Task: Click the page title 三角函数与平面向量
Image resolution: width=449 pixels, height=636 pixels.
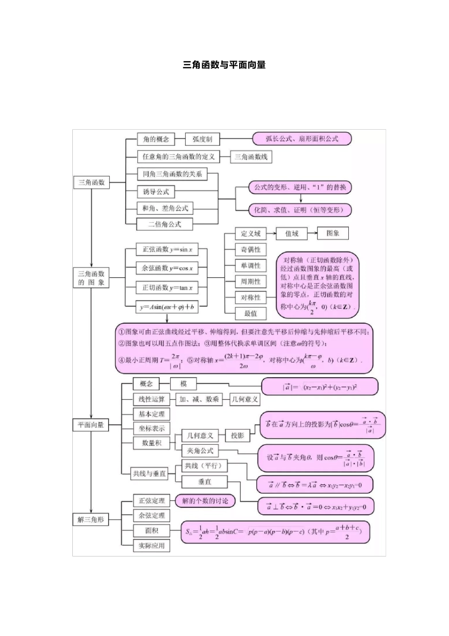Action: (x=224, y=65)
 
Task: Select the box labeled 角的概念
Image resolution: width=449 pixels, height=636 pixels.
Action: (x=155, y=139)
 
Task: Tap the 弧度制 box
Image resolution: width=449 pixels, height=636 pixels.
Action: (x=202, y=139)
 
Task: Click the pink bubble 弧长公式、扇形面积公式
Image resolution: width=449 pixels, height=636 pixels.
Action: (x=302, y=139)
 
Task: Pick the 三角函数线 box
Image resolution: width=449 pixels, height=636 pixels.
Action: (x=251, y=157)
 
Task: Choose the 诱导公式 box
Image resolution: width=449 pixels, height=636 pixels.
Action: (x=155, y=192)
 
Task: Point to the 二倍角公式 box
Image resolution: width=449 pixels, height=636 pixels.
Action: (x=164, y=224)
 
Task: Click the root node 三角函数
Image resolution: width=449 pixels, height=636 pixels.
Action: (x=91, y=182)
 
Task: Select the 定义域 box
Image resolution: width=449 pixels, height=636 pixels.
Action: (x=250, y=233)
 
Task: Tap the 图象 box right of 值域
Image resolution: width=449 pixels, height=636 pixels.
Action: (x=333, y=233)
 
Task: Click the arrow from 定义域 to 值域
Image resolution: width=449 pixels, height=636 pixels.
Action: (x=271, y=233)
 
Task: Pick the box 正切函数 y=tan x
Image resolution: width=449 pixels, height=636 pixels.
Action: (x=167, y=288)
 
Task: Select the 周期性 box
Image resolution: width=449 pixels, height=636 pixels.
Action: (x=250, y=282)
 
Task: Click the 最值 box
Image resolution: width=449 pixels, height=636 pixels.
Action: (x=250, y=313)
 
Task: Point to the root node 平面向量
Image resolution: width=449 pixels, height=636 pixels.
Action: (x=90, y=425)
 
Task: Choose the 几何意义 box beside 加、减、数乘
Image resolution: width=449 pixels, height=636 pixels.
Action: (x=245, y=399)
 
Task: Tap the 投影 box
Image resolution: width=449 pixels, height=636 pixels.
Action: (x=237, y=435)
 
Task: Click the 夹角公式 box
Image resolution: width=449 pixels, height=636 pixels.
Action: (x=200, y=450)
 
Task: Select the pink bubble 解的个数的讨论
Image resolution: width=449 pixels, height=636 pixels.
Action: (x=205, y=501)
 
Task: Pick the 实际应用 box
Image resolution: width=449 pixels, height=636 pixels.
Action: (x=151, y=546)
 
